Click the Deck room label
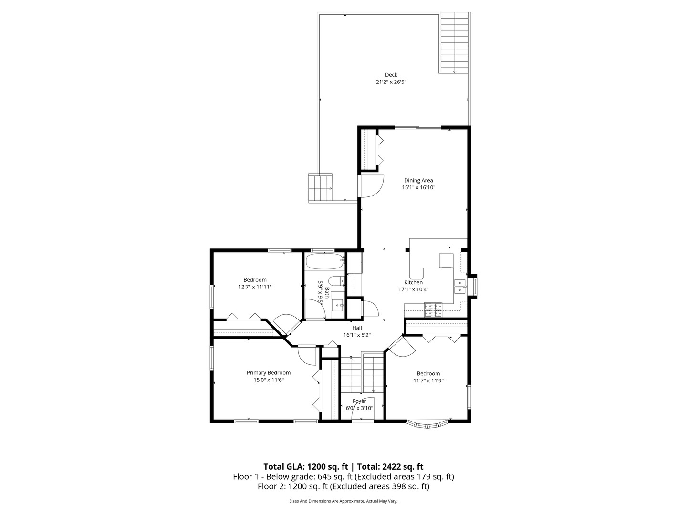tap(391, 75)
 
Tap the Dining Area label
tap(418, 180)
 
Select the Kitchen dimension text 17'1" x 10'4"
tap(414, 289)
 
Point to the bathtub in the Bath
tap(324, 261)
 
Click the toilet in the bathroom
tap(337, 281)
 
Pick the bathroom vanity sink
tap(338, 304)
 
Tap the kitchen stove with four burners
tap(434, 310)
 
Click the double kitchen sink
tap(459, 286)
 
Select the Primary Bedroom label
tap(268, 373)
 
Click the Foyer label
tap(359, 401)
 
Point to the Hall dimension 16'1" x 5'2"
tap(357, 335)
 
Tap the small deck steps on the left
tap(320, 187)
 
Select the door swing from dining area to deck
tap(372, 186)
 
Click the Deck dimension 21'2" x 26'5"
tap(391, 82)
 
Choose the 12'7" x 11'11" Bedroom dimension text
tap(255, 287)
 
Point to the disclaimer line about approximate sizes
tap(343, 501)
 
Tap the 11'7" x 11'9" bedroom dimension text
tap(428, 381)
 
